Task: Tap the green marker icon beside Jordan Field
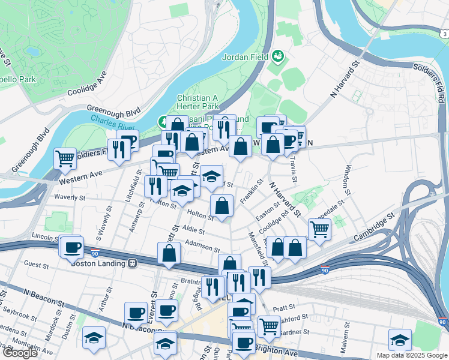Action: point(278,56)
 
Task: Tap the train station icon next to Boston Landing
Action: point(132,263)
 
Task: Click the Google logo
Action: point(20,353)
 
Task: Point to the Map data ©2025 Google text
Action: point(411,355)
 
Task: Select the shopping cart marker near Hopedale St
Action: point(319,229)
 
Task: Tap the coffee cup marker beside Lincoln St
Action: point(73,246)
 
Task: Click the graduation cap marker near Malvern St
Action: point(400,340)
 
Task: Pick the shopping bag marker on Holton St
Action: point(222,206)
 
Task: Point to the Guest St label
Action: point(37,263)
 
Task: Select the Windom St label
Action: point(348,180)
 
